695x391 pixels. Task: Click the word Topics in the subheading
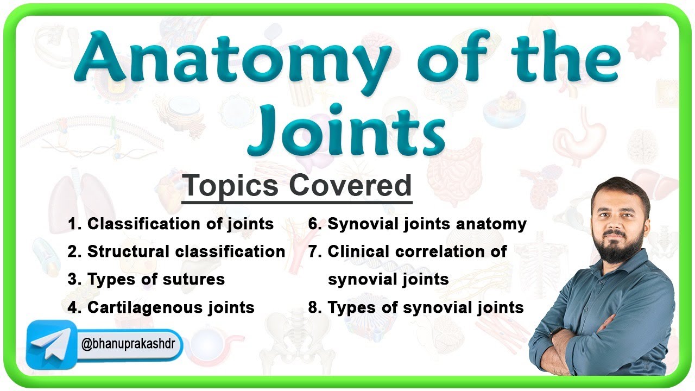click(x=231, y=186)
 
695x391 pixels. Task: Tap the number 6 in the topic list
click(x=313, y=224)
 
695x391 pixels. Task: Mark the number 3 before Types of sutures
click(x=72, y=279)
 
